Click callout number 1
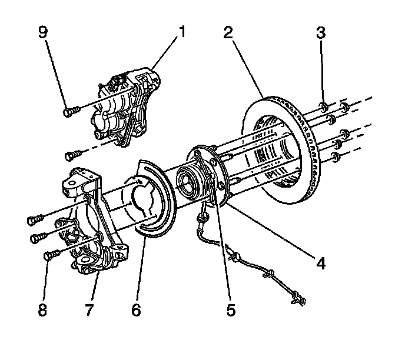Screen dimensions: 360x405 click(x=182, y=31)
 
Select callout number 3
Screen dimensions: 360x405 click(x=321, y=31)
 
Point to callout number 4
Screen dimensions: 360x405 click(x=320, y=263)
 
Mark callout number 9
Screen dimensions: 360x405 click(x=42, y=31)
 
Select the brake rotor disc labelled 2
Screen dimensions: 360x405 click(x=283, y=147)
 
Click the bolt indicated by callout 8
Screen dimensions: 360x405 click(x=51, y=255)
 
